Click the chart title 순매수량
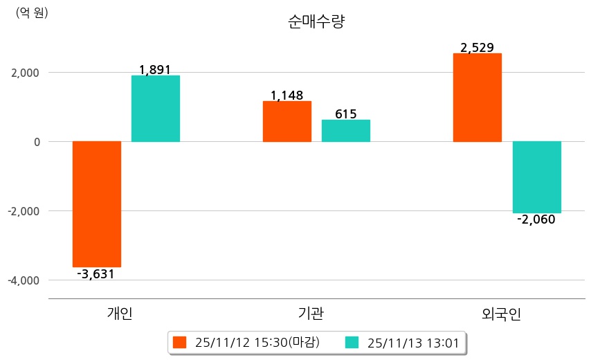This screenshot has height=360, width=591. pos(316,22)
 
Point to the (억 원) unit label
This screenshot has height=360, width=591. pos(32,12)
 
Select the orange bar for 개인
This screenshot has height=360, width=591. pos(97,204)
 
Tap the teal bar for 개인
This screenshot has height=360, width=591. pos(156,109)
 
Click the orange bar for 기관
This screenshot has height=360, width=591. pos(287,121)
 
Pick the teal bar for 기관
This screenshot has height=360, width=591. pos(346,131)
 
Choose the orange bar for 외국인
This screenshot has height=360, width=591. pos(478,98)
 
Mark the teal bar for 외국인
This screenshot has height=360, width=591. pos(537,177)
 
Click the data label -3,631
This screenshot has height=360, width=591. pos(96,274)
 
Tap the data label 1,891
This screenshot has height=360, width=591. pos(155,70)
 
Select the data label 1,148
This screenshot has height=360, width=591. pos(287,96)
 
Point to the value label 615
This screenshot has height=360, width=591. pos(345,114)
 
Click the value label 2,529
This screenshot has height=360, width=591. pos(477,48)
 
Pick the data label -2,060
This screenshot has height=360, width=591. pos(536,220)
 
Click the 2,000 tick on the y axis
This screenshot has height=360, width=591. pos(25,73)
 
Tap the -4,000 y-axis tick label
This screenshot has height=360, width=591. pos(23,280)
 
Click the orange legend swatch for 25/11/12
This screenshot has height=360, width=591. pos(180,343)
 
